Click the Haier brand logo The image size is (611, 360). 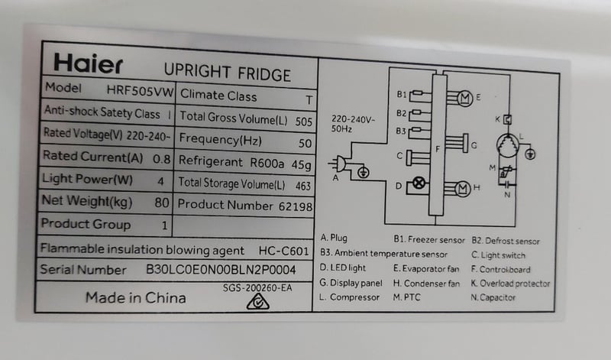click(x=87, y=63)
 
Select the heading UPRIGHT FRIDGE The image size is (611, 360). click(x=228, y=73)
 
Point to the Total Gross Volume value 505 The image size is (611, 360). click(x=303, y=121)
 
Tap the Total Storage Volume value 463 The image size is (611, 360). click(x=302, y=185)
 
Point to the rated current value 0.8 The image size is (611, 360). click(x=161, y=159)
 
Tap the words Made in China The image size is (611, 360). click(x=135, y=298)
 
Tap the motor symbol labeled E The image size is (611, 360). click(x=464, y=97)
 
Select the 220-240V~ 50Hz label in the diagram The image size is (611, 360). click(x=348, y=124)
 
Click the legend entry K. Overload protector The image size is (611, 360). click(x=510, y=284)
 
